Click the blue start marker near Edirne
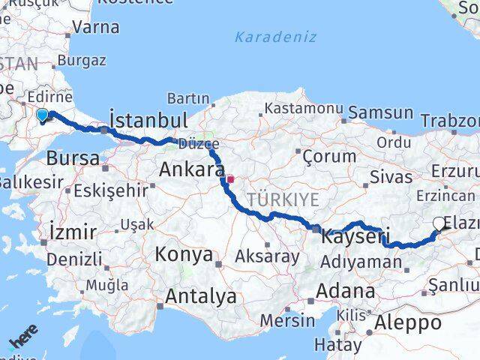click(43, 114)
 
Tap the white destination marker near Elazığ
click(439, 223)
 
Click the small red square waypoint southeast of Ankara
click(231, 179)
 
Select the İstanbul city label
click(148, 120)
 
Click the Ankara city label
click(191, 169)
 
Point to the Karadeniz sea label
click(265, 36)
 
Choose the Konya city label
click(184, 254)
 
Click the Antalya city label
click(201, 296)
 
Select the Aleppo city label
click(410, 323)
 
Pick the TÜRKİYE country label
click(283, 199)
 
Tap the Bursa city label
click(73, 158)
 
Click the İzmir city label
click(71, 231)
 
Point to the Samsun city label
click(381, 112)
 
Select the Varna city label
click(97, 27)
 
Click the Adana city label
click(346, 290)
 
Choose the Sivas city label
click(391, 177)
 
